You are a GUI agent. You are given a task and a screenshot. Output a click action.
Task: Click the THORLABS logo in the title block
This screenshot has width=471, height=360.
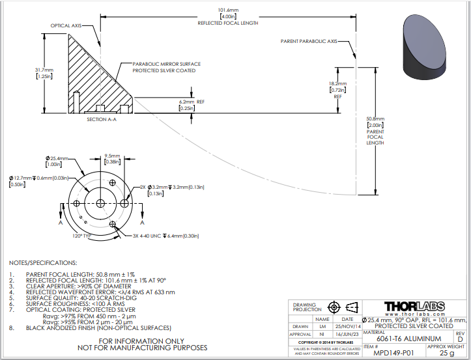[414, 306]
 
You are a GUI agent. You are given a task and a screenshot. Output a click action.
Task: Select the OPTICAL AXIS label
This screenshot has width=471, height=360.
[68, 26]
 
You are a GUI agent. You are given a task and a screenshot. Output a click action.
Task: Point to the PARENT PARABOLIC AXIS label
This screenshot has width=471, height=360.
[309, 41]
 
